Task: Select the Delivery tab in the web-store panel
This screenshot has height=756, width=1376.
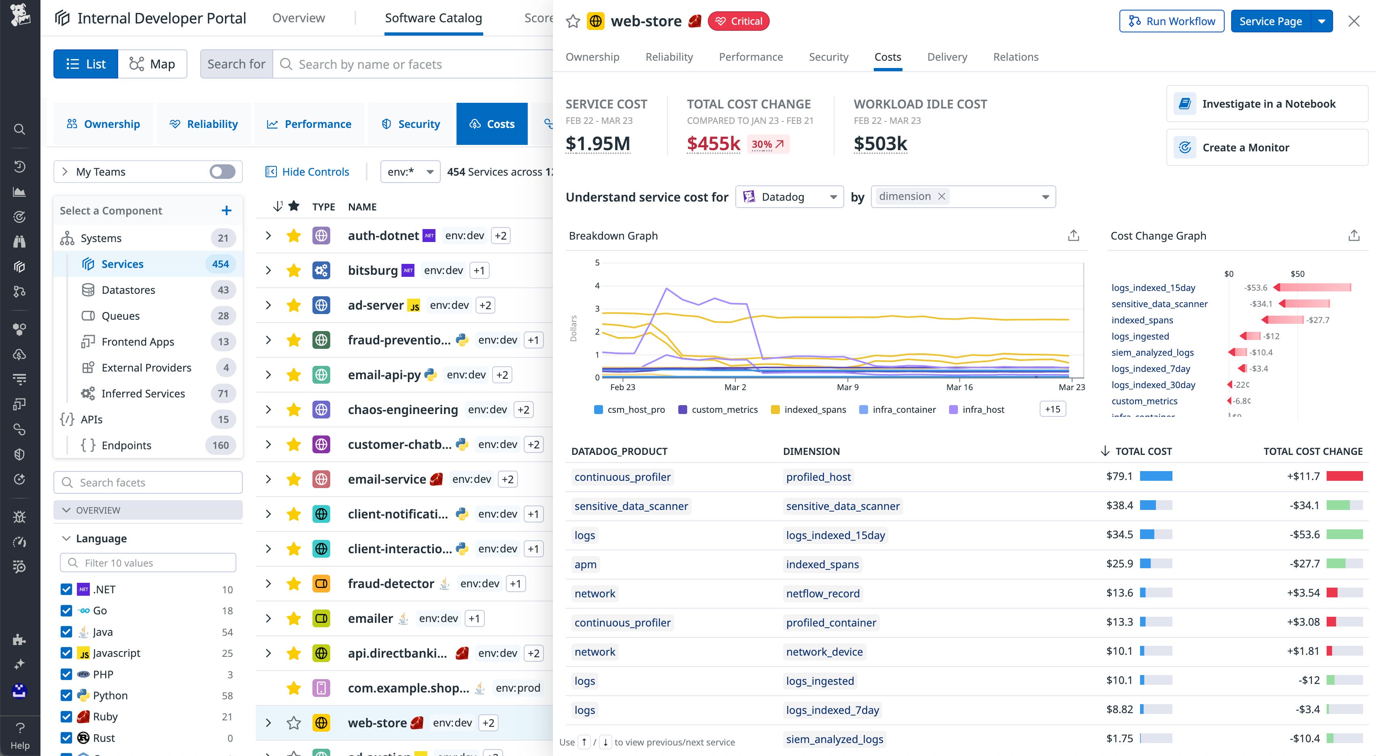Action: pyautogui.click(x=947, y=57)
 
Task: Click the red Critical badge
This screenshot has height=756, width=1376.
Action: pyautogui.click(x=738, y=21)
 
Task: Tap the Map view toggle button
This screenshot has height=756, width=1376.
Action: pyautogui.click(x=152, y=64)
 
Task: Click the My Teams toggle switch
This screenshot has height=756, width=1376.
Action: pyautogui.click(x=222, y=172)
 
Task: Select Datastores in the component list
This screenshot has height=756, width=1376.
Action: pyautogui.click(x=128, y=290)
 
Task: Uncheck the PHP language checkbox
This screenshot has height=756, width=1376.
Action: pyautogui.click(x=66, y=674)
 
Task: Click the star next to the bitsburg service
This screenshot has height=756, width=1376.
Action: pyautogui.click(x=293, y=270)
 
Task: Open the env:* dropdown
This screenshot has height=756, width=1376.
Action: pyautogui.click(x=410, y=172)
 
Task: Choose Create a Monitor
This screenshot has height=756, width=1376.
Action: pyautogui.click(x=1245, y=147)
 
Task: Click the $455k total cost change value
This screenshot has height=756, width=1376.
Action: pyautogui.click(x=713, y=144)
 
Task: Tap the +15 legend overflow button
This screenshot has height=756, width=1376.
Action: pyautogui.click(x=1052, y=409)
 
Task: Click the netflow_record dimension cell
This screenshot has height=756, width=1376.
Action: pyautogui.click(x=823, y=594)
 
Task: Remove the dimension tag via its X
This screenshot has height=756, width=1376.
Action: pyautogui.click(x=942, y=197)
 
